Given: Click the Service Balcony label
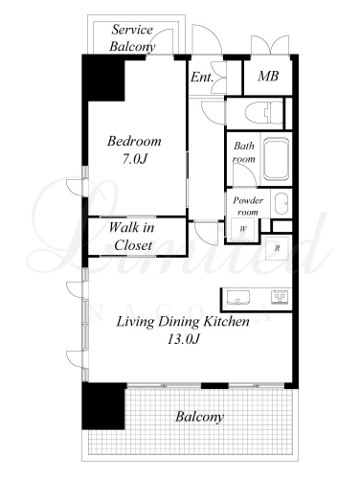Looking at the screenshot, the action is point(132,38).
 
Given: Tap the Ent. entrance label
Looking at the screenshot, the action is point(202,77).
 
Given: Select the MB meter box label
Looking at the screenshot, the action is point(268,76).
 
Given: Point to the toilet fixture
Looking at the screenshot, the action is point(264,112).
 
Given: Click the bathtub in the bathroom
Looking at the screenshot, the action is point(277,159).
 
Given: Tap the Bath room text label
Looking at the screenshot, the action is point(244,152).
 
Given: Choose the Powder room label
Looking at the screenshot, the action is point(248,206).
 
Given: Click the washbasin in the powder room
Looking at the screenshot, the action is point(281,204).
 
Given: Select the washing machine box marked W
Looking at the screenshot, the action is point(243,229).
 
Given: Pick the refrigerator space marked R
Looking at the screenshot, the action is point(278,248).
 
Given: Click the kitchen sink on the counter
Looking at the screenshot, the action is point(238,297).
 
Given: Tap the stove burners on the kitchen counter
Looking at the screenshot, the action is point(281,297).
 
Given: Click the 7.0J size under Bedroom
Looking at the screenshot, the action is point(134,159).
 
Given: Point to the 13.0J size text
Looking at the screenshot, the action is point(184,339).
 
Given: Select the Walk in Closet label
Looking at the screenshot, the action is point(132,237).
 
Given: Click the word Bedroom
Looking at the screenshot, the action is point(134,141).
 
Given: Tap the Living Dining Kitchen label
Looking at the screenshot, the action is point(183,321).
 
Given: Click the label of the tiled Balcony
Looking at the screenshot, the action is point(200,417).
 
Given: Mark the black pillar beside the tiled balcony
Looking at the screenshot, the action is point(103,406).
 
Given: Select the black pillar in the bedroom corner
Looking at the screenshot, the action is point(103,79).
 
